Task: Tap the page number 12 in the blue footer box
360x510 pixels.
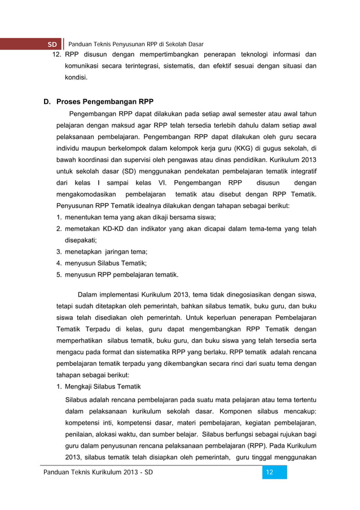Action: pos(270,472)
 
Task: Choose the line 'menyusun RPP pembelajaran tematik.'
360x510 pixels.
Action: pos(121,275)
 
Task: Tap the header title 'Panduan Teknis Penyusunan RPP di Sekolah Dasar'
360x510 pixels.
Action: pos(136,44)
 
